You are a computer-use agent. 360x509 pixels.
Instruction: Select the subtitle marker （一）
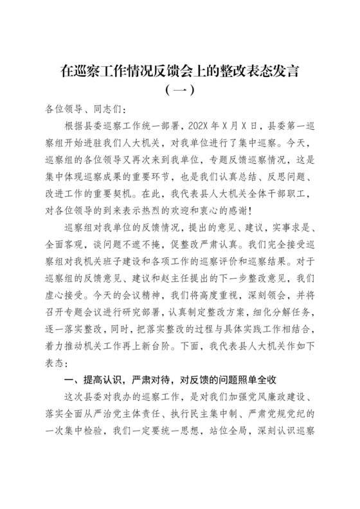180,89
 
